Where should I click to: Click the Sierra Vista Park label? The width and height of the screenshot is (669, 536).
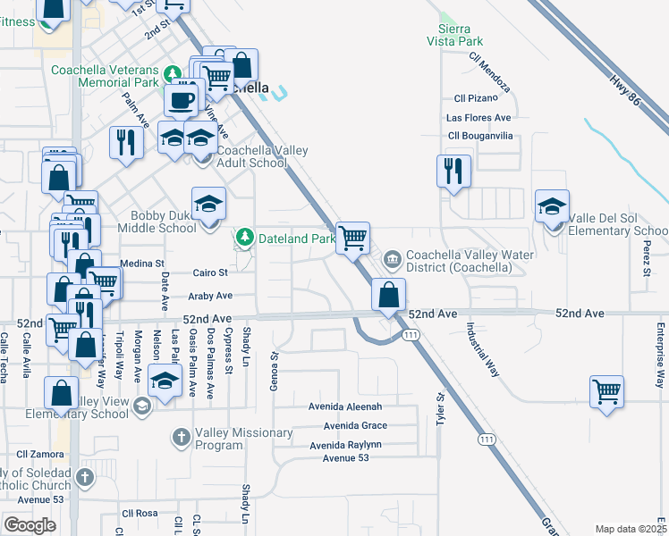461,34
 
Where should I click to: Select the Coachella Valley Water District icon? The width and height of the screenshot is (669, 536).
392,259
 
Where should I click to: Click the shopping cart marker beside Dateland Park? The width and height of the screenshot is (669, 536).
353,238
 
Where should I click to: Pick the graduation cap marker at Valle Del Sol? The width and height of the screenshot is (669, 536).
552,206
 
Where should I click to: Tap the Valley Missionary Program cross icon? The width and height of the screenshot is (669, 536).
181,438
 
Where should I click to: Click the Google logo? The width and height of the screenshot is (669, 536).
30,524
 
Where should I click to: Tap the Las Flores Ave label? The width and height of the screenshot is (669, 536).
478,117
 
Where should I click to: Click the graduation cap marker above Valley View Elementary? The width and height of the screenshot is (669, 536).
165,382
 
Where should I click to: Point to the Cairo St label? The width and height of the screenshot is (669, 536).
211,272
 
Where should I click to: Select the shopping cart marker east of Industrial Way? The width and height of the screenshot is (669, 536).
606,391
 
